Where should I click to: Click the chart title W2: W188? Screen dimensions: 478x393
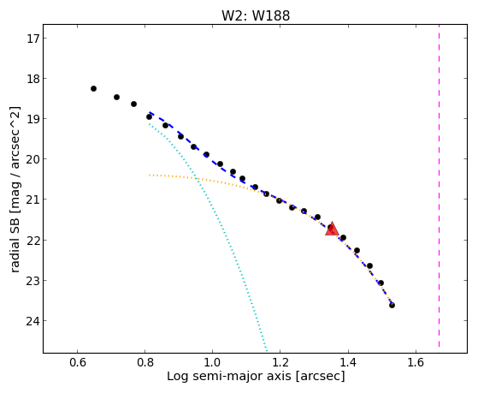pos(256,15)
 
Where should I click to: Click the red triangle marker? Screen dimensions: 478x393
pos(332,229)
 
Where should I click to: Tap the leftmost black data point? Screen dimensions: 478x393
pos(93,88)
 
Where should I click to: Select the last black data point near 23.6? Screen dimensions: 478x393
pos(392,305)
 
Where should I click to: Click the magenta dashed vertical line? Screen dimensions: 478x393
pos(439,186)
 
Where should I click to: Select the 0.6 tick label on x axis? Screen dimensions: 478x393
pos(78,362)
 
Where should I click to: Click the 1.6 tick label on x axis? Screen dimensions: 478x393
pos(416,362)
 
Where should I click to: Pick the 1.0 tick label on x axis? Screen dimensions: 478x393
pos(212,362)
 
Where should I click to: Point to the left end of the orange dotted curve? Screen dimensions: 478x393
pos(150,175)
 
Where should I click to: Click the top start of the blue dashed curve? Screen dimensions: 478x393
pos(150,112)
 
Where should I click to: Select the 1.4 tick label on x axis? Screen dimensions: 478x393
pos(348,362)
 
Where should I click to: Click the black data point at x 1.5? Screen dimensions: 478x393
pos(381,283)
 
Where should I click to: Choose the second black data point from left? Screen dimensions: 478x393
pos(116,97)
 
